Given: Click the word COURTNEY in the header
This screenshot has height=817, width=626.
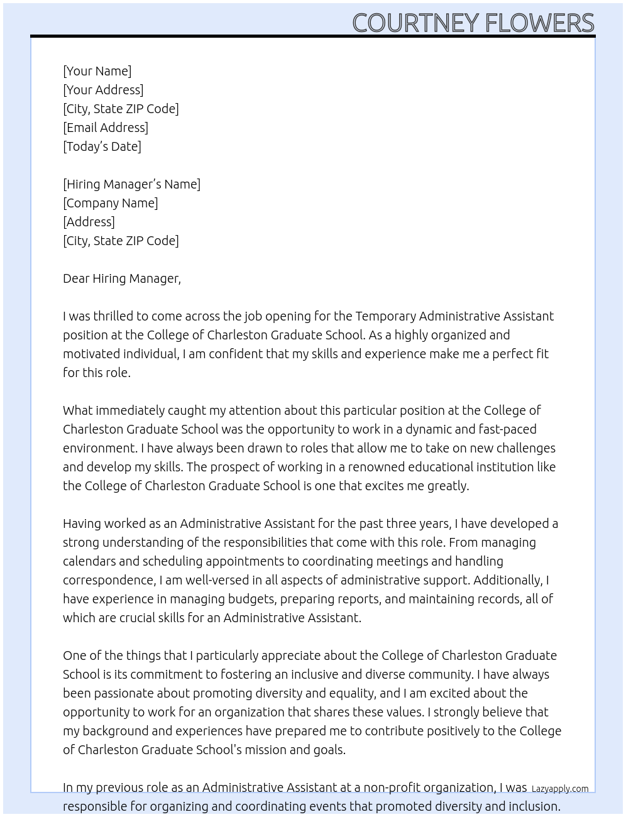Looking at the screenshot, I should [x=415, y=23].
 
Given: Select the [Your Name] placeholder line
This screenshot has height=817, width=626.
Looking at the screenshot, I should [x=97, y=71].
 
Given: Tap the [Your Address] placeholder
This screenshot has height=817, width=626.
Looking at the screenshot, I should [x=103, y=90].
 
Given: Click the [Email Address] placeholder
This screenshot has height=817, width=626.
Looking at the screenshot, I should [x=106, y=128].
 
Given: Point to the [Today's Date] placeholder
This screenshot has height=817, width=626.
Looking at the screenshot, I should [x=102, y=146].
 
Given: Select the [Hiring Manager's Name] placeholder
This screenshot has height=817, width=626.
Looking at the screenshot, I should [x=131, y=184].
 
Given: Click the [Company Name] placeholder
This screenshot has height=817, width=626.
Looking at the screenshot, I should [x=110, y=203].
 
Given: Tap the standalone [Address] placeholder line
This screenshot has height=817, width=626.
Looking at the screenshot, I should [x=89, y=222].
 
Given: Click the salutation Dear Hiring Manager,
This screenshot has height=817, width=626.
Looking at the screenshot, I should [x=121, y=278].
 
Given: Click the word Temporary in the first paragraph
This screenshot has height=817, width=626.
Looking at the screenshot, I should [x=385, y=316].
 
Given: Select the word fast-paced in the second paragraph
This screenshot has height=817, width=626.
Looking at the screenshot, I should [x=507, y=429].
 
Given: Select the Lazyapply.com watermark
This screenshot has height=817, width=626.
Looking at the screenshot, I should [x=559, y=789].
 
